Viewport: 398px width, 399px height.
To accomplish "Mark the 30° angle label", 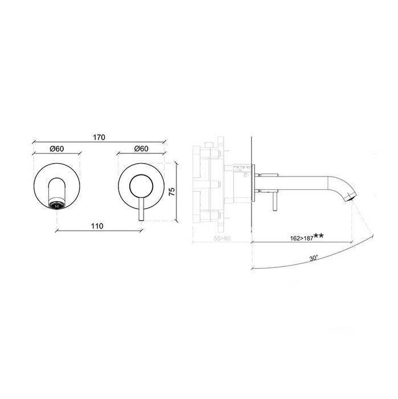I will pos(314,258).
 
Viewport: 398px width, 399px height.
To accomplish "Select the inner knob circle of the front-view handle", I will pos(141,186).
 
